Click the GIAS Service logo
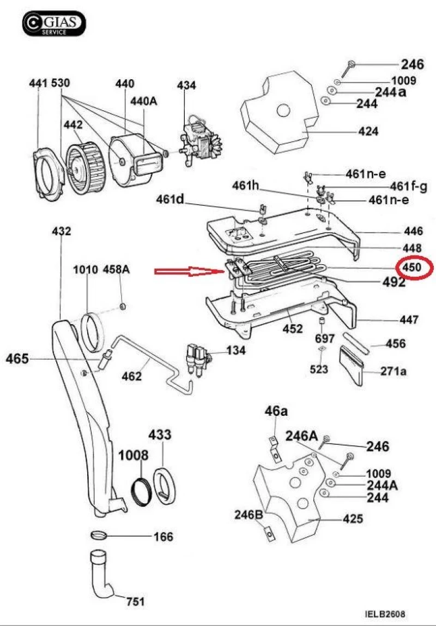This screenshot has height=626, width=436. pyautogui.click(x=53, y=23)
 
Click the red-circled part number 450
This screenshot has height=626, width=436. pyautogui.click(x=412, y=267)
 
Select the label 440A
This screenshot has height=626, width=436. pyautogui.click(x=144, y=101)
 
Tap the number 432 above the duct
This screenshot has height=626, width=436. pyautogui.click(x=61, y=231)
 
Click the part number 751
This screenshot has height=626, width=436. pyautogui.click(x=135, y=601)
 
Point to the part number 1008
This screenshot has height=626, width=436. pyautogui.click(x=134, y=455)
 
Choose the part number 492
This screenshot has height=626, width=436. pyautogui.click(x=393, y=282)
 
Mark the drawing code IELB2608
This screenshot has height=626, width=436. pyautogui.click(x=384, y=613)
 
